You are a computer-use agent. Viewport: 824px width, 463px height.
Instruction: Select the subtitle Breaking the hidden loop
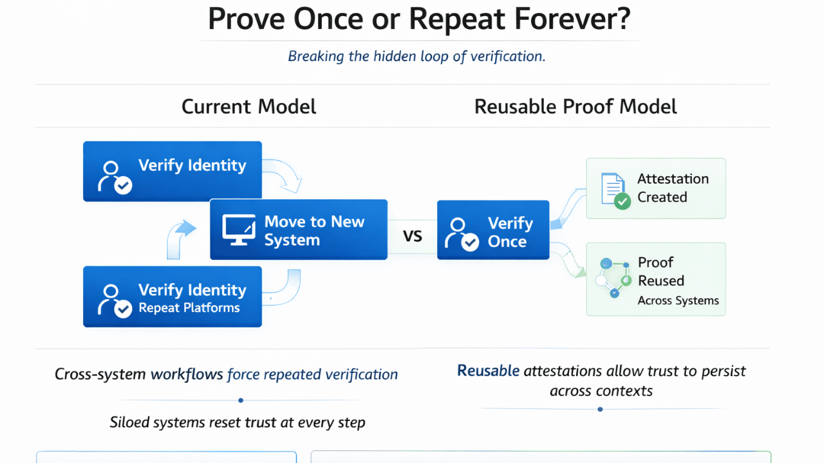point(417,56)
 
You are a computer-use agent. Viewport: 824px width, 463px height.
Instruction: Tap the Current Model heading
point(248,106)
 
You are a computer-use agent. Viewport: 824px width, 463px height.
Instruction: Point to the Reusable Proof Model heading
point(576,106)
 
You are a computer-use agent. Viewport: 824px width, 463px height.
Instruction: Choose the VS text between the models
point(413,236)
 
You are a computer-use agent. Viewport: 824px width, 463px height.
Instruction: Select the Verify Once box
point(493,230)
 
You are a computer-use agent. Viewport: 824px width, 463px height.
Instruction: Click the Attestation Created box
point(655,188)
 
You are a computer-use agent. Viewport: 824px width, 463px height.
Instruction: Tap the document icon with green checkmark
point(613,190)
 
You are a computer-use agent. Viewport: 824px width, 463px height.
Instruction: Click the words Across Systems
point(678,301)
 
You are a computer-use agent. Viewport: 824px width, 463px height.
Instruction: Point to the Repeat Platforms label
point(189,308)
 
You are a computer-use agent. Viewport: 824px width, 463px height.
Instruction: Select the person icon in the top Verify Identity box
point(113,176)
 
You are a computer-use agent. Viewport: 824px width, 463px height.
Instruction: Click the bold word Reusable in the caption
point(488,371)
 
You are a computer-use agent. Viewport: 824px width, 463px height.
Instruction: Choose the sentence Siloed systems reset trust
point(238,422)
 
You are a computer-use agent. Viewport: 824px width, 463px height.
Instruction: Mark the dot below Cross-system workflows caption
point(241,401)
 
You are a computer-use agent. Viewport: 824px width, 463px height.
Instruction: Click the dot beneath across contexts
point(601,410)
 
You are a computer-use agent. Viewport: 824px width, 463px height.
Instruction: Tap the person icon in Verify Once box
point(461,234)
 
